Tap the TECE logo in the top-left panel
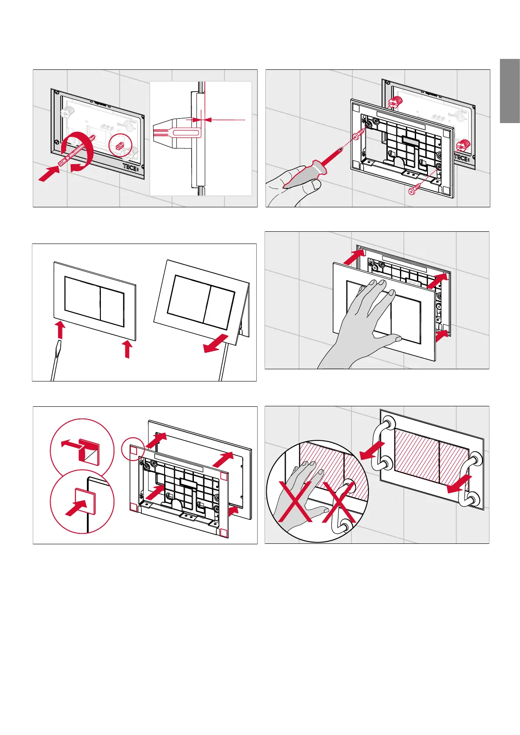130,167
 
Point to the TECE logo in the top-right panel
461,157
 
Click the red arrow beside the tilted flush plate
216,343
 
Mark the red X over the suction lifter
339,504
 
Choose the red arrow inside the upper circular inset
70,444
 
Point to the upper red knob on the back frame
396,103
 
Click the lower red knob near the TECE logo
461,146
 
